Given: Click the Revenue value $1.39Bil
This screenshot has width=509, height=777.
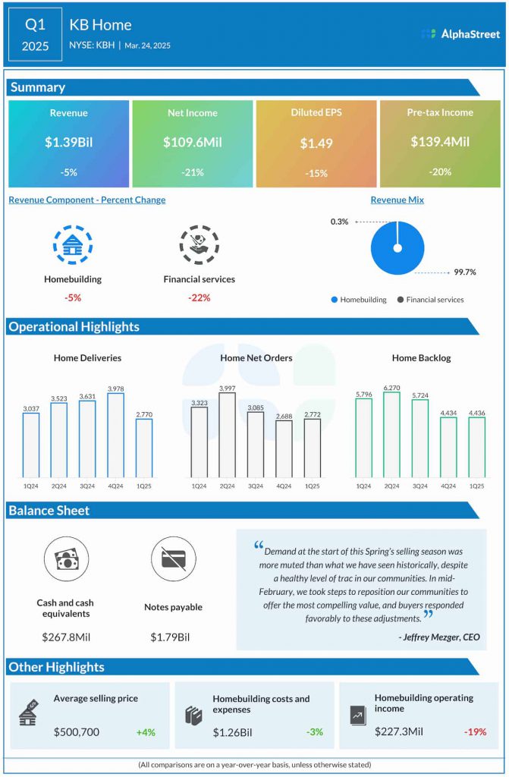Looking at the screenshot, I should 68,142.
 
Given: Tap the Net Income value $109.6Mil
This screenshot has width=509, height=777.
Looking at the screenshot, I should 192,142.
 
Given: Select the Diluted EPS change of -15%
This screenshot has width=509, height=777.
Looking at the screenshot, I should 316,173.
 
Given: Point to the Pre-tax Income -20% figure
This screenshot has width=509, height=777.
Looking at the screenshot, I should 440,172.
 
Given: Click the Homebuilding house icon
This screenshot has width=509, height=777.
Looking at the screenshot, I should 73,244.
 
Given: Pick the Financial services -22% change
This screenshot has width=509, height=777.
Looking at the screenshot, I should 199,297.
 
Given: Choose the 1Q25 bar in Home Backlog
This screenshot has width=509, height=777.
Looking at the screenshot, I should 476,447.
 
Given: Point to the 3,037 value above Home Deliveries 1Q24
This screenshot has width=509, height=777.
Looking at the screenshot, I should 31,408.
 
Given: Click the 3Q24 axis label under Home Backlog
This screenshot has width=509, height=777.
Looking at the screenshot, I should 420,486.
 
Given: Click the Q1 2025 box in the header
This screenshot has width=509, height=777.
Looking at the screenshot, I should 35,35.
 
